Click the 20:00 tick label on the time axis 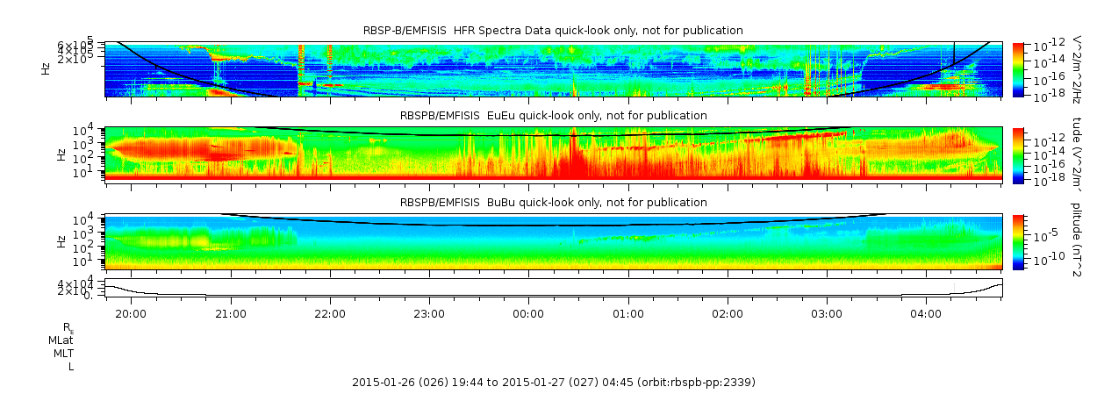tap(131, 313)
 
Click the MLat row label tap(61, 340)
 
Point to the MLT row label tap(63, 353)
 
